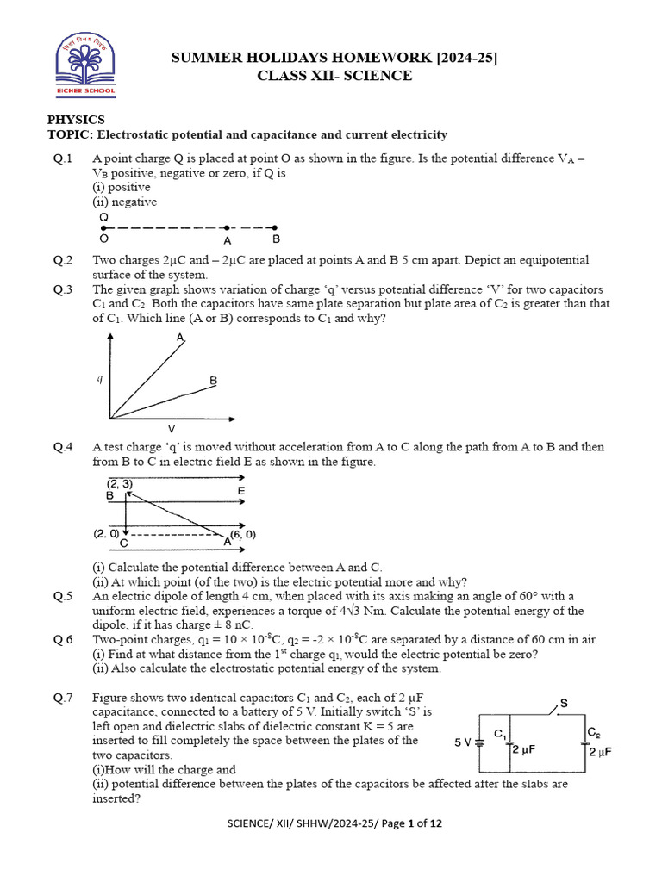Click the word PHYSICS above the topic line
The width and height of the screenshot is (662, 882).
tap(76, 120)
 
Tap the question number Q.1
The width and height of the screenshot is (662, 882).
tap(63, 158)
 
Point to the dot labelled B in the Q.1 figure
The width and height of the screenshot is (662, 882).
tap(275, 227)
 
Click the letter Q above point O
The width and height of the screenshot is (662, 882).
tap(103, 217)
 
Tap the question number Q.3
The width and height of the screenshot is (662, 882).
tap(63, 289)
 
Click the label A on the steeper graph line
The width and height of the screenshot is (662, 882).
tap(180, 339)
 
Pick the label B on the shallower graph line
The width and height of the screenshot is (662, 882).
tap(213, 380)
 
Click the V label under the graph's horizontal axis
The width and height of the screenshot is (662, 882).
tap(171, 428)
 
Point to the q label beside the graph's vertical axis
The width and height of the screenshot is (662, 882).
tap(99, 378)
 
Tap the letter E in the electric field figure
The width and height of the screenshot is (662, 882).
tap(241, 491)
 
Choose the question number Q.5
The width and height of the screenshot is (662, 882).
tap(63, 596)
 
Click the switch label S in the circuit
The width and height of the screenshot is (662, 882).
tap(564, 704)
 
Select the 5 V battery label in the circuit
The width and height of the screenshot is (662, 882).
tap(461, 741)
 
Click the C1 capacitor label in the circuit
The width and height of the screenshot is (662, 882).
tap(499, 734)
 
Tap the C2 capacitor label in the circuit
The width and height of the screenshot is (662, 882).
tap(593, 732)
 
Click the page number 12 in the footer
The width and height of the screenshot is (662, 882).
tap(436, 823)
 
